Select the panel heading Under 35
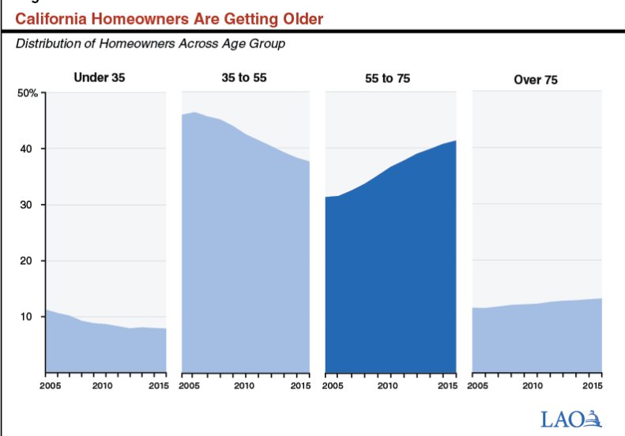(x=100, y=77)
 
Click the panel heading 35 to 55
(x=244, y=77)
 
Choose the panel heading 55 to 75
(x=387, y=78)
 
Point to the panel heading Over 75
(x=536, y=80)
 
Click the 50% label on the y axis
(x=28, y=93)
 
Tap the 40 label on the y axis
(x=26, y=149)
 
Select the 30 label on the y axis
(x=26, y=205)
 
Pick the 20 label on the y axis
(x=26, y=261)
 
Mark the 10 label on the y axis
(x=26, y=317)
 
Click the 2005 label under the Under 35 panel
(x=51, y=385)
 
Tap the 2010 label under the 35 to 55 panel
(x=244, y=385)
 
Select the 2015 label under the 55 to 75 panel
(x=448, y=385)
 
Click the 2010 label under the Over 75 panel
(x=533, y=385)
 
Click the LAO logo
(x=571, y=419)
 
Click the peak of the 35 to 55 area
(x=194, y=112)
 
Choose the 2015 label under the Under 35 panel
(x=159, y=385)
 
